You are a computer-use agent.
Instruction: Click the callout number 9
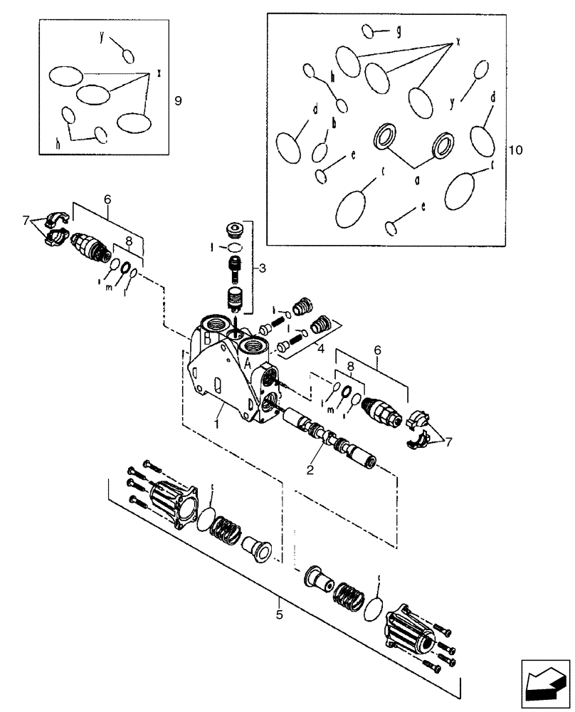point(178,101)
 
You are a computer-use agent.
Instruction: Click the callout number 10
point(516,150)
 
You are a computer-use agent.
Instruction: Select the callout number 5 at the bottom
point(279,613)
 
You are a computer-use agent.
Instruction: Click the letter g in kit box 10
point(399,31)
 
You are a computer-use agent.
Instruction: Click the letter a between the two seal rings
point(418,179)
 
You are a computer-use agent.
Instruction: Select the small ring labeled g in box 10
point(369,31)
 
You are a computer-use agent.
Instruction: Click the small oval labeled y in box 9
point(127,56)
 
